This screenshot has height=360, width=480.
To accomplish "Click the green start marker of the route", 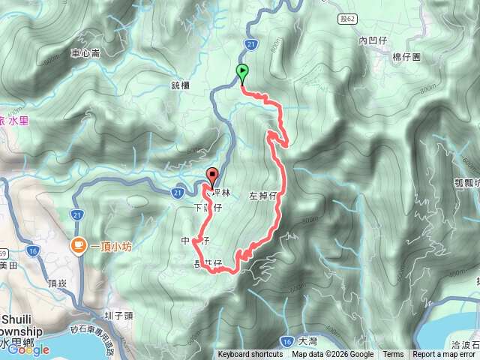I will [x=242, y=73].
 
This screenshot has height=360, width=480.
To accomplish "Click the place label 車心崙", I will [x=85, y=53].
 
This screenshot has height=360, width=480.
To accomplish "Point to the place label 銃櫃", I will [x=180, y=85].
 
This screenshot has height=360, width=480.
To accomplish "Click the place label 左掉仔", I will [x=262, y=196].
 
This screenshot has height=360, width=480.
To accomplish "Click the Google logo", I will [x=28, y=349].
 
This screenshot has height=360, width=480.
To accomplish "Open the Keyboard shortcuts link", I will [x=250, y=355].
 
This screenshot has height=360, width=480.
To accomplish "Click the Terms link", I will [x=393, y=355].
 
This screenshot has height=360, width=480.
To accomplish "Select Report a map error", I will [x=444, y=355].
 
